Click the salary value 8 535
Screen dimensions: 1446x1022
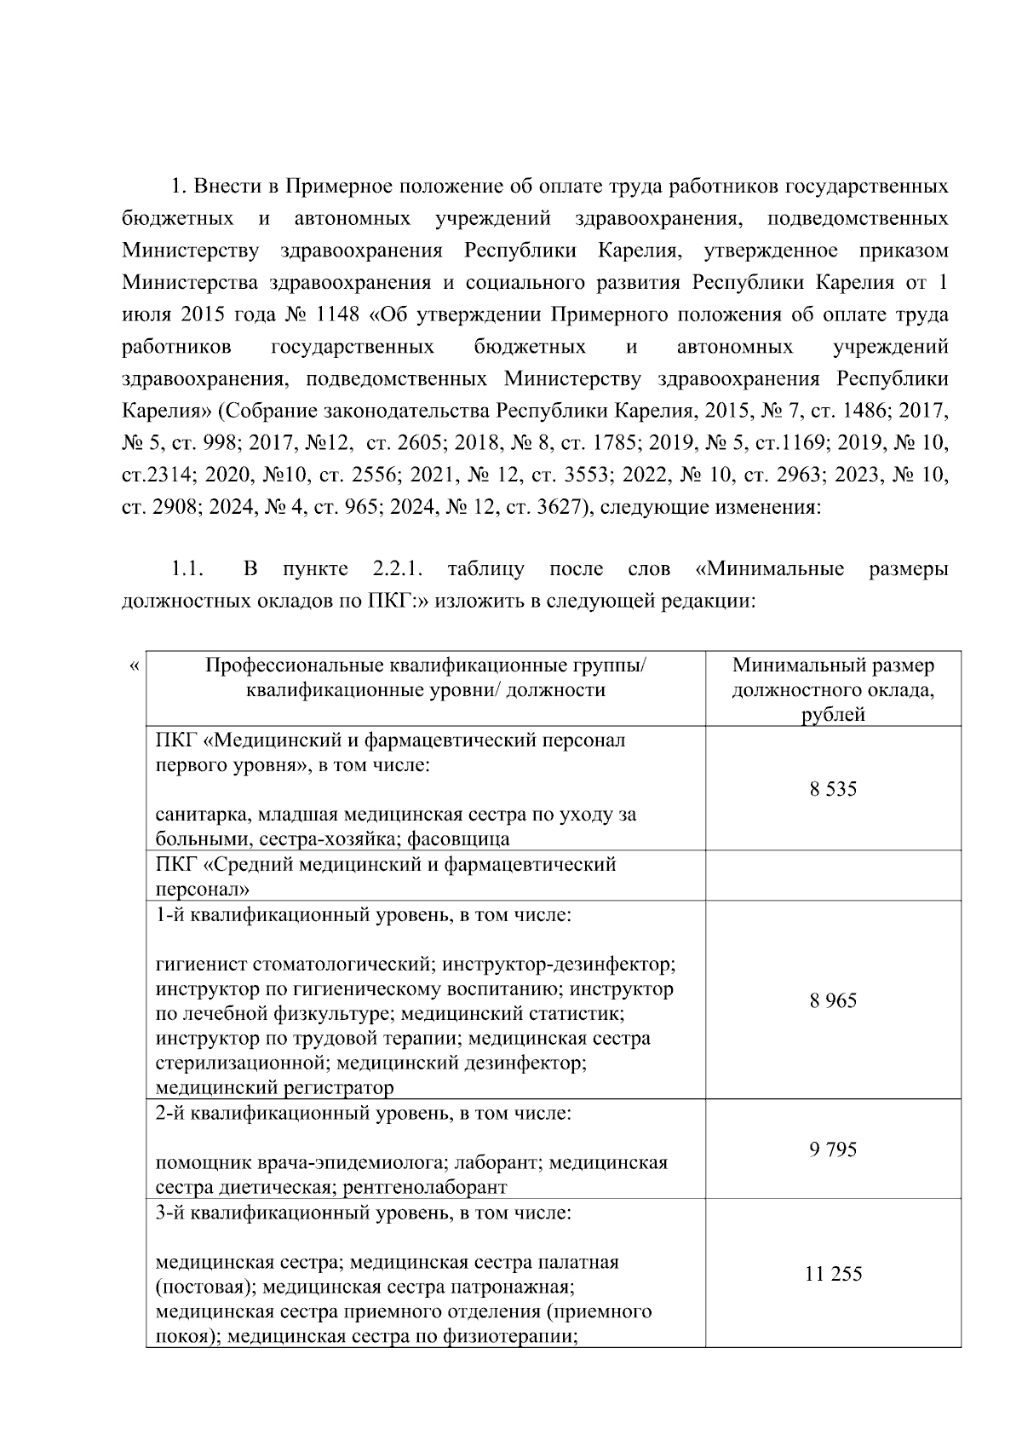[833, 789]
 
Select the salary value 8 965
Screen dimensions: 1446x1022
[833, 1000]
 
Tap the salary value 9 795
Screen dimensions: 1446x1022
[833, 1149]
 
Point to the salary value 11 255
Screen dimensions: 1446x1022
[833, 1274]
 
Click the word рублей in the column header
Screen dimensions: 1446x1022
[833, 715]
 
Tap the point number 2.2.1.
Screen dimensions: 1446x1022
[397, 568]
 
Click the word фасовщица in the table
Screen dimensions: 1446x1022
[458, 839]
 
